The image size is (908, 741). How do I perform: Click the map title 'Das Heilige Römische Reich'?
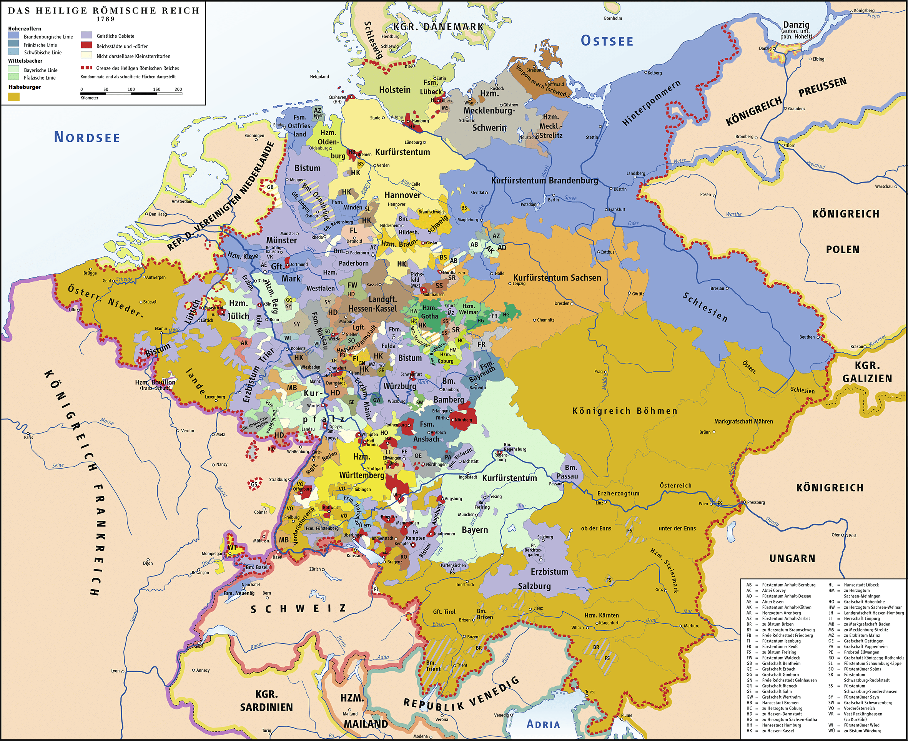[x=104, y=10]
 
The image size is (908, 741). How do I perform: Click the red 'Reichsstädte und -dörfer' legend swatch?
[x=86, y=46]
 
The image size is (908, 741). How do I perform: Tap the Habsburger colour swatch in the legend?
[x=14, y=97]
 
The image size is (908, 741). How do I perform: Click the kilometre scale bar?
[x=131, y=93]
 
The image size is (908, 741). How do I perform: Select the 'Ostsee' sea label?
[x=607, y=41]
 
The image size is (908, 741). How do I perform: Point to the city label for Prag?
[x=598, y=371]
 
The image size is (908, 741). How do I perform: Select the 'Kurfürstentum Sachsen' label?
[x=557, y=278]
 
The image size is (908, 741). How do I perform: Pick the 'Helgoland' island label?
[x=319, y=77]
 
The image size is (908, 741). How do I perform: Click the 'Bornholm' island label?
[x=613, y=18]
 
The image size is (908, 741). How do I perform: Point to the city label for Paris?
[x=28, y=437]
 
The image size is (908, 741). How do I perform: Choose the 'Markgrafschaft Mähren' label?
[x=743, y=421]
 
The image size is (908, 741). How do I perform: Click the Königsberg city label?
[x=864, y=10]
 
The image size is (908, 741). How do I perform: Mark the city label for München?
[x=466, y=514]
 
